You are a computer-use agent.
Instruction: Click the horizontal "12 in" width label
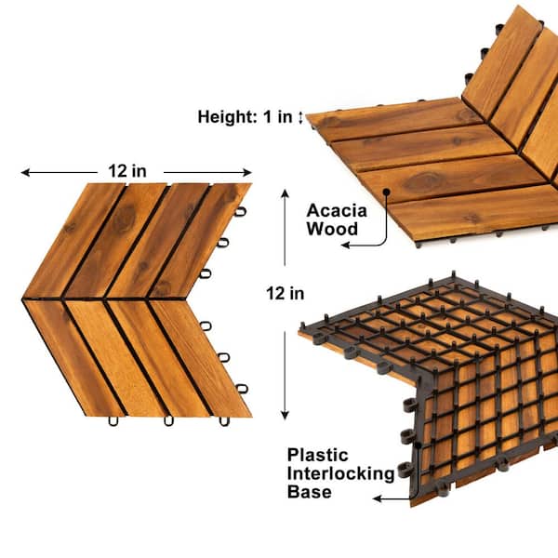coord(127,171)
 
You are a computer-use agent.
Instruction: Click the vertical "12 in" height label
coord(286,294)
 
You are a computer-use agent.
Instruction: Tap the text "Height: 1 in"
coord(245,117)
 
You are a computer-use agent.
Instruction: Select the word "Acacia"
coord(337,210)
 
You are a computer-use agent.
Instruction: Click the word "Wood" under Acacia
coord(332,229)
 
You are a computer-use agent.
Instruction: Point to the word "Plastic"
coord(318,455)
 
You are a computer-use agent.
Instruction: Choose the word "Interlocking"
coord(341,473)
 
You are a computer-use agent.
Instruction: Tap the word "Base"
coord(310,492)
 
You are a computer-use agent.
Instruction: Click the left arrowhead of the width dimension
coord(25,173)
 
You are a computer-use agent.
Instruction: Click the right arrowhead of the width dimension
coord(247,173)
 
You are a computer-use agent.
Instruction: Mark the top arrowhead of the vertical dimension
coord(285,193)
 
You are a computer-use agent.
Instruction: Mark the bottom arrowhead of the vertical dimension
coord(285,416)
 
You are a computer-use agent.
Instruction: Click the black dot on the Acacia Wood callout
coord(386,192)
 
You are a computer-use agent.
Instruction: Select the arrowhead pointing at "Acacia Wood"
coord(345,245)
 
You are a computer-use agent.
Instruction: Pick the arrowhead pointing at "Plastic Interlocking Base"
coord(378,498)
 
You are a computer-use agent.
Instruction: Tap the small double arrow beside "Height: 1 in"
coord(300,117)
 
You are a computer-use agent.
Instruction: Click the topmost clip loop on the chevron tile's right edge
coord(241,211)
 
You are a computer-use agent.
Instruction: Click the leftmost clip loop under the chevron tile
coord(113,420)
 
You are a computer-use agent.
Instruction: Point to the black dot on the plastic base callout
coord(418,445)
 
